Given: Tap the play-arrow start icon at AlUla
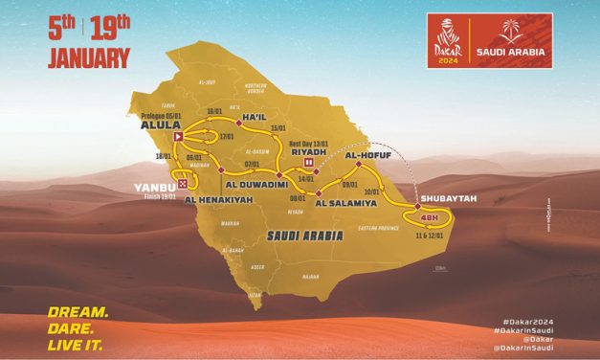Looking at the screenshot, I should click(x=178, y=137).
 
